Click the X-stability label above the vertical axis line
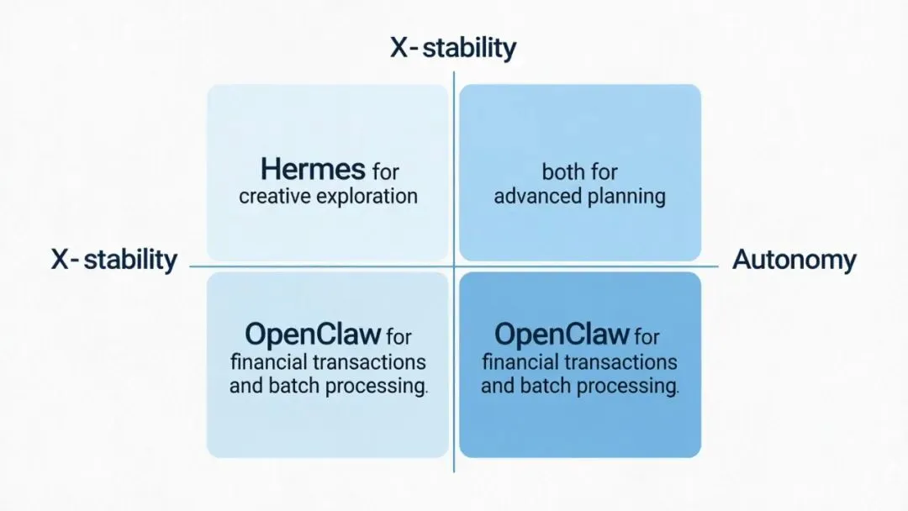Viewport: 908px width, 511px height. click(x=453, y=48)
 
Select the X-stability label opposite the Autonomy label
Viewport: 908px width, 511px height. click(x=114, y=260)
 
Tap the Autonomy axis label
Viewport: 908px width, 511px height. click(x=794, y=260)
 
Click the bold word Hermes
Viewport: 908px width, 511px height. click(x=312, y=170)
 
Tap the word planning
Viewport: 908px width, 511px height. click(x=625, y=198)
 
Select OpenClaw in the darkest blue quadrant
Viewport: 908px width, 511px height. click(x=562, y=335)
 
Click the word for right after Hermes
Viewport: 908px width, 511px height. click(x=386, y=171)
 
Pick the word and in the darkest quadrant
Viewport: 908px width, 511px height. click(x=497, y=387)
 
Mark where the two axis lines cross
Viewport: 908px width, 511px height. click(x=454, y=266)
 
